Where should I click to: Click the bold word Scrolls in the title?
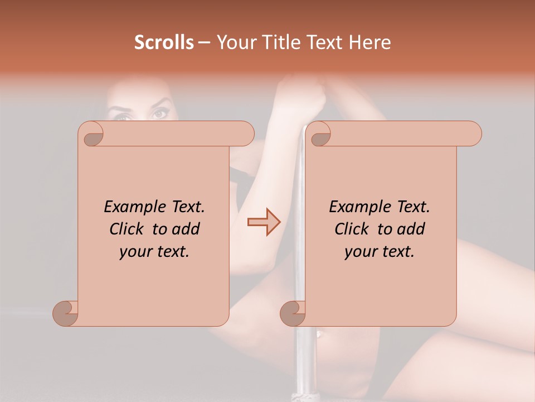click(x=164, y=42)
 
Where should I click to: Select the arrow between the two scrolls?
click(x=264, y=222)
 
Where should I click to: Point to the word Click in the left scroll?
click(x=129, y=229)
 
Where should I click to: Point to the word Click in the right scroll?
click(x=354, y=229)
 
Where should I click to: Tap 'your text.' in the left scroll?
click(x=154, y=251)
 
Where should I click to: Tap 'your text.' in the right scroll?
click(x=380, y=251)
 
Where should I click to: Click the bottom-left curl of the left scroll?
click(x=66, y=313)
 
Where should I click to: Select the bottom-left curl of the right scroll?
click(x=293, y=313)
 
